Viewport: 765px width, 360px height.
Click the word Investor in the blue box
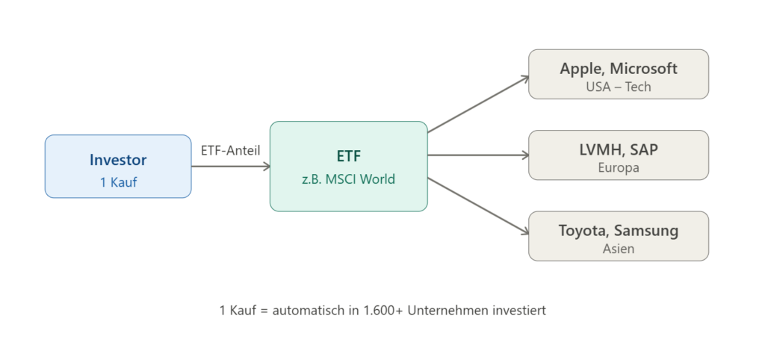tap(118, 160)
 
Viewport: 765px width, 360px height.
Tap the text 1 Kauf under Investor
tap(118, 181)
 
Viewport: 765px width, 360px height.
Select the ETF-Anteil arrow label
tap(230, 150)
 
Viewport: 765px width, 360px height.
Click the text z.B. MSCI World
tap(348, 179)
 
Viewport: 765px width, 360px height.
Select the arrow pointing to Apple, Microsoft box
tap(478, 103)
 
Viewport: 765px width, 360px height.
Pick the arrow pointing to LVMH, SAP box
tap(478, 155)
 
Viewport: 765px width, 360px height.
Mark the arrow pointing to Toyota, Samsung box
tap(478, 207)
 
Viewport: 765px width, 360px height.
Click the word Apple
tap(582, 69)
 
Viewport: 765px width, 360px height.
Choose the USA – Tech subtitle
tap(619, 87)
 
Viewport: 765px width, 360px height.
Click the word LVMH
tap(599, 149)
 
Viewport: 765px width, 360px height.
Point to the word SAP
tap(644, 149)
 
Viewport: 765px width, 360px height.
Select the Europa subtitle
tap(619, 167)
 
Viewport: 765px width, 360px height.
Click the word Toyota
tap(583, 230)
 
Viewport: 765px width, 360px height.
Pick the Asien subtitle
tap(619, 248)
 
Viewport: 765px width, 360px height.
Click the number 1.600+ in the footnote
tap(379, 310)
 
